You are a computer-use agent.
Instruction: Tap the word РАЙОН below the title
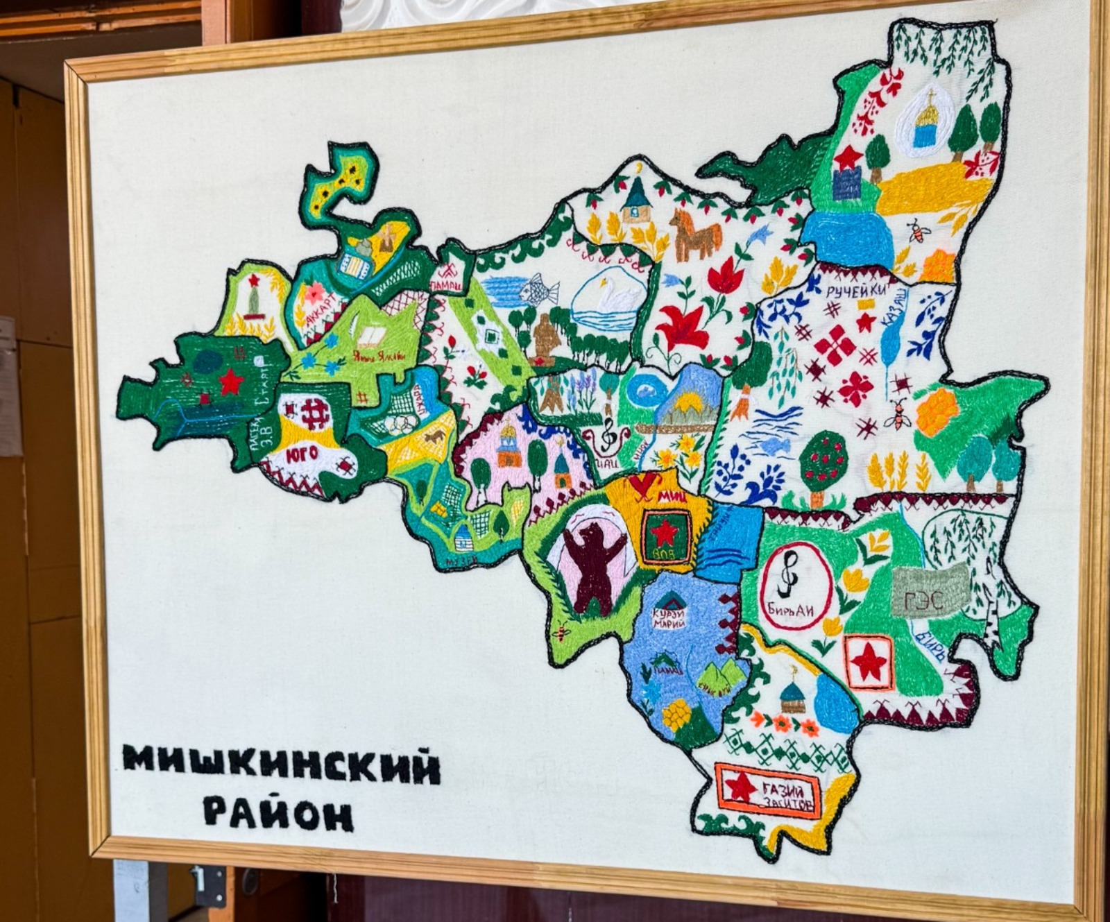(279, 813)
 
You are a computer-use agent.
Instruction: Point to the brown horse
(694, 236)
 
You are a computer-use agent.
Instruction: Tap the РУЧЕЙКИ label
(856, 291)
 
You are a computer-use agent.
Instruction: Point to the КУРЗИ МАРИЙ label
(669, 618)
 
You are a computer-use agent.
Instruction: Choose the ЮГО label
(302, 455)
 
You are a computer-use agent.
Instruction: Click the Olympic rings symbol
(402, 423)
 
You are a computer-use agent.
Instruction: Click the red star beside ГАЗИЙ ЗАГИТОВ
(740, 788)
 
